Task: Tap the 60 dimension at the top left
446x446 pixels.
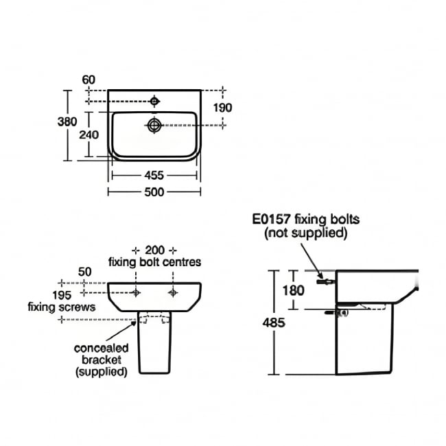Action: [89, 80]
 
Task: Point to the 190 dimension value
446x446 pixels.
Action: [223, 108]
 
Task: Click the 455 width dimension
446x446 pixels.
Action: [155, 175]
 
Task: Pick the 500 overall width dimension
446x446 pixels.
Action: [155, 192]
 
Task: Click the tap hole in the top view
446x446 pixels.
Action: [154, 102]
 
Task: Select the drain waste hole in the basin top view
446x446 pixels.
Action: [154, 125]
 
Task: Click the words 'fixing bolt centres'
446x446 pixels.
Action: [154, 262]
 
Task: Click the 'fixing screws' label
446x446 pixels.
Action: [62, 307]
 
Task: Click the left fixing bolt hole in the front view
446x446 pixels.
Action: [137, 292]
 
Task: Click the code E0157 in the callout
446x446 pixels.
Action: [271, 220]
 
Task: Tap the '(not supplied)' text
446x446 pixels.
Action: [305, 233]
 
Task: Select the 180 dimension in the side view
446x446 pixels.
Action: [293, 290]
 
